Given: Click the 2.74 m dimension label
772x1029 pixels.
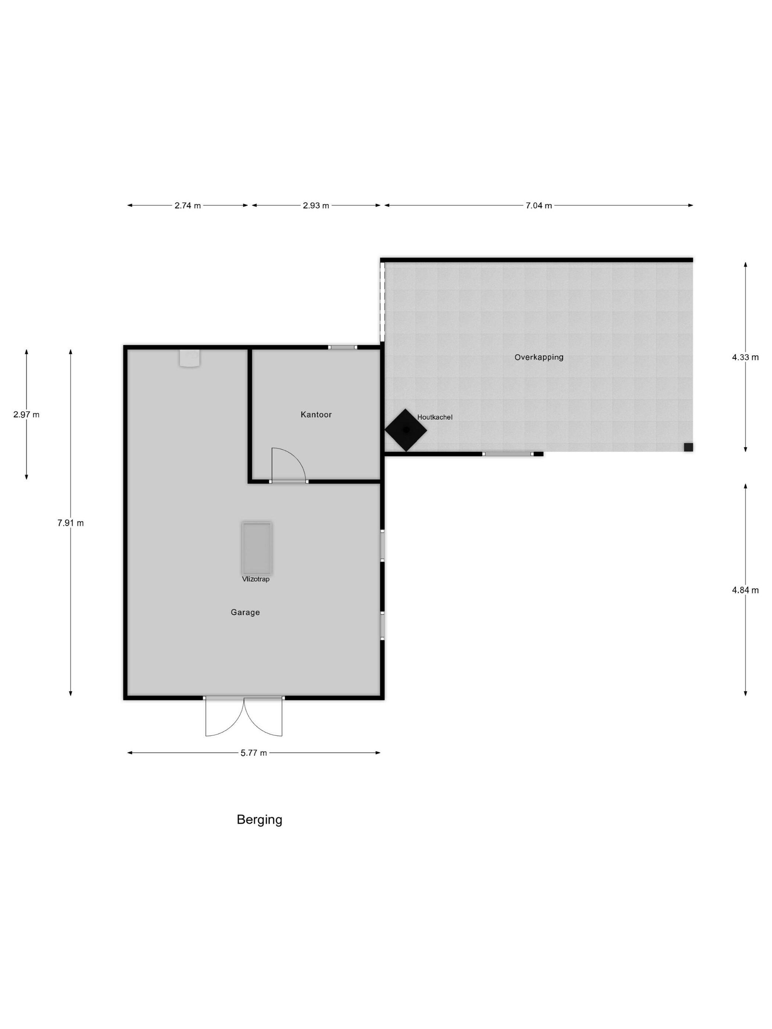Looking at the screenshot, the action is (x=187, y=205).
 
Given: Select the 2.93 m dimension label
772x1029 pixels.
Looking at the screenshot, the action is (x=316, y=205).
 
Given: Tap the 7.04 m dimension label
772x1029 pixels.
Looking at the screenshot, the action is (x=539, y=205).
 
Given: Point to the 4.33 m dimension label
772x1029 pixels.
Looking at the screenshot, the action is (x=745, y=357).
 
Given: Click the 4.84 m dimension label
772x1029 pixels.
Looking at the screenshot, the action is (x=745, y=590).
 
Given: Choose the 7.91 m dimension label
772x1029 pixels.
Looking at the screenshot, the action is (x=71, y=523).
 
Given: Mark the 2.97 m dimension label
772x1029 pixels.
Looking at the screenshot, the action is (x=26, y=415).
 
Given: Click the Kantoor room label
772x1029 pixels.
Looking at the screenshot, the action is (x=316, y=415).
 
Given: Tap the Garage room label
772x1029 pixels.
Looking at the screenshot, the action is (x=245, y=612).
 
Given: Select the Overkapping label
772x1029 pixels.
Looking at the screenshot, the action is (x=539, y=357).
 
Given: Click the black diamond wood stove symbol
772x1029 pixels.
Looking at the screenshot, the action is (x=406, y=430).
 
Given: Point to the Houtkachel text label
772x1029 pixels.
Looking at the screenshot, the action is (x=435, y=417).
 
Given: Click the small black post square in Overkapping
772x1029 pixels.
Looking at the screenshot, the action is (x=688, y=447).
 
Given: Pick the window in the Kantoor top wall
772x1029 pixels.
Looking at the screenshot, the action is (x=343, y=347).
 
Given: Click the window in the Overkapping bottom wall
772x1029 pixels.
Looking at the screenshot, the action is (x=508, y=453).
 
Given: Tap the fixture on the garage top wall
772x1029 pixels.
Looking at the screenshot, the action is (x=190, y=358).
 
